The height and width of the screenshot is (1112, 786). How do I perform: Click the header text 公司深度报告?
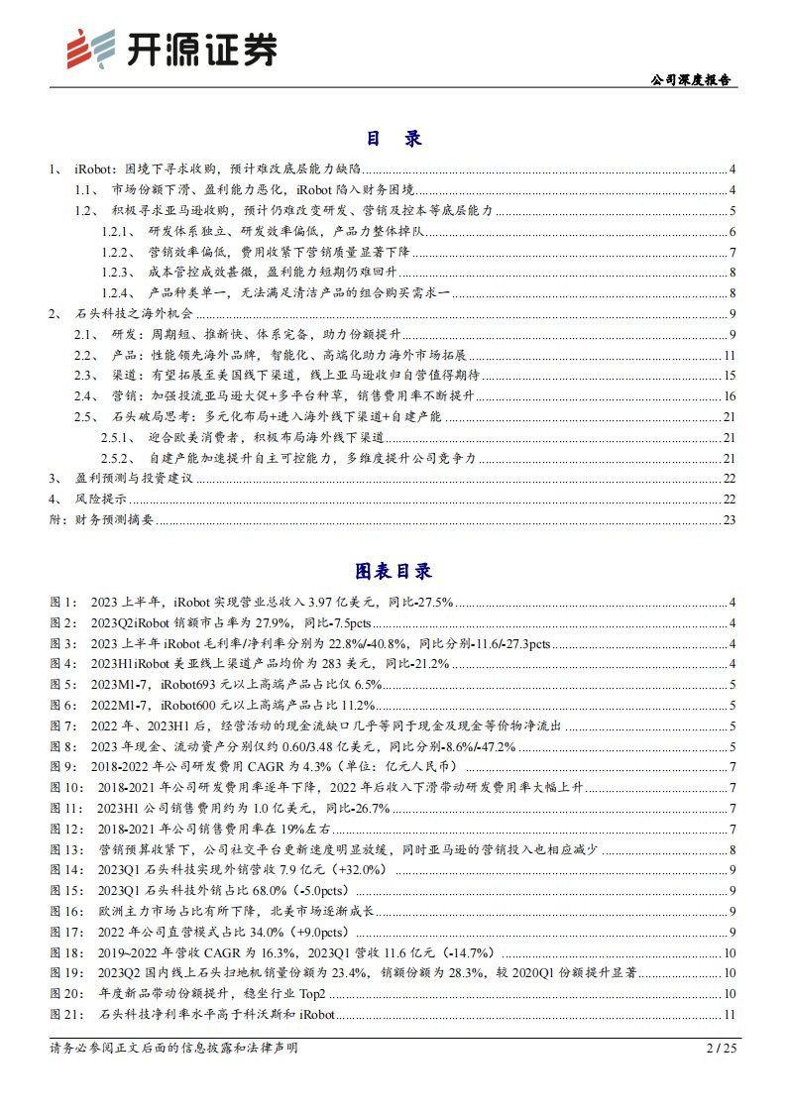coord(690,80)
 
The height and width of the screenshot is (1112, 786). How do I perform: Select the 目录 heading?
coord(393,139)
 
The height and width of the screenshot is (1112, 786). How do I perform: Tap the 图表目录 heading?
coord(393,571)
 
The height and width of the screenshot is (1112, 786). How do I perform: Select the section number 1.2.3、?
coord(119,272)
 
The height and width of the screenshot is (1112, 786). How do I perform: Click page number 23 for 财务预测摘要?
coord(730,519)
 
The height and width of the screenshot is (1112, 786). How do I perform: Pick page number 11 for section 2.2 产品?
coord(730,355)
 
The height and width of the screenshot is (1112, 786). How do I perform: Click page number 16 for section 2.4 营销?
coord(730,395)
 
